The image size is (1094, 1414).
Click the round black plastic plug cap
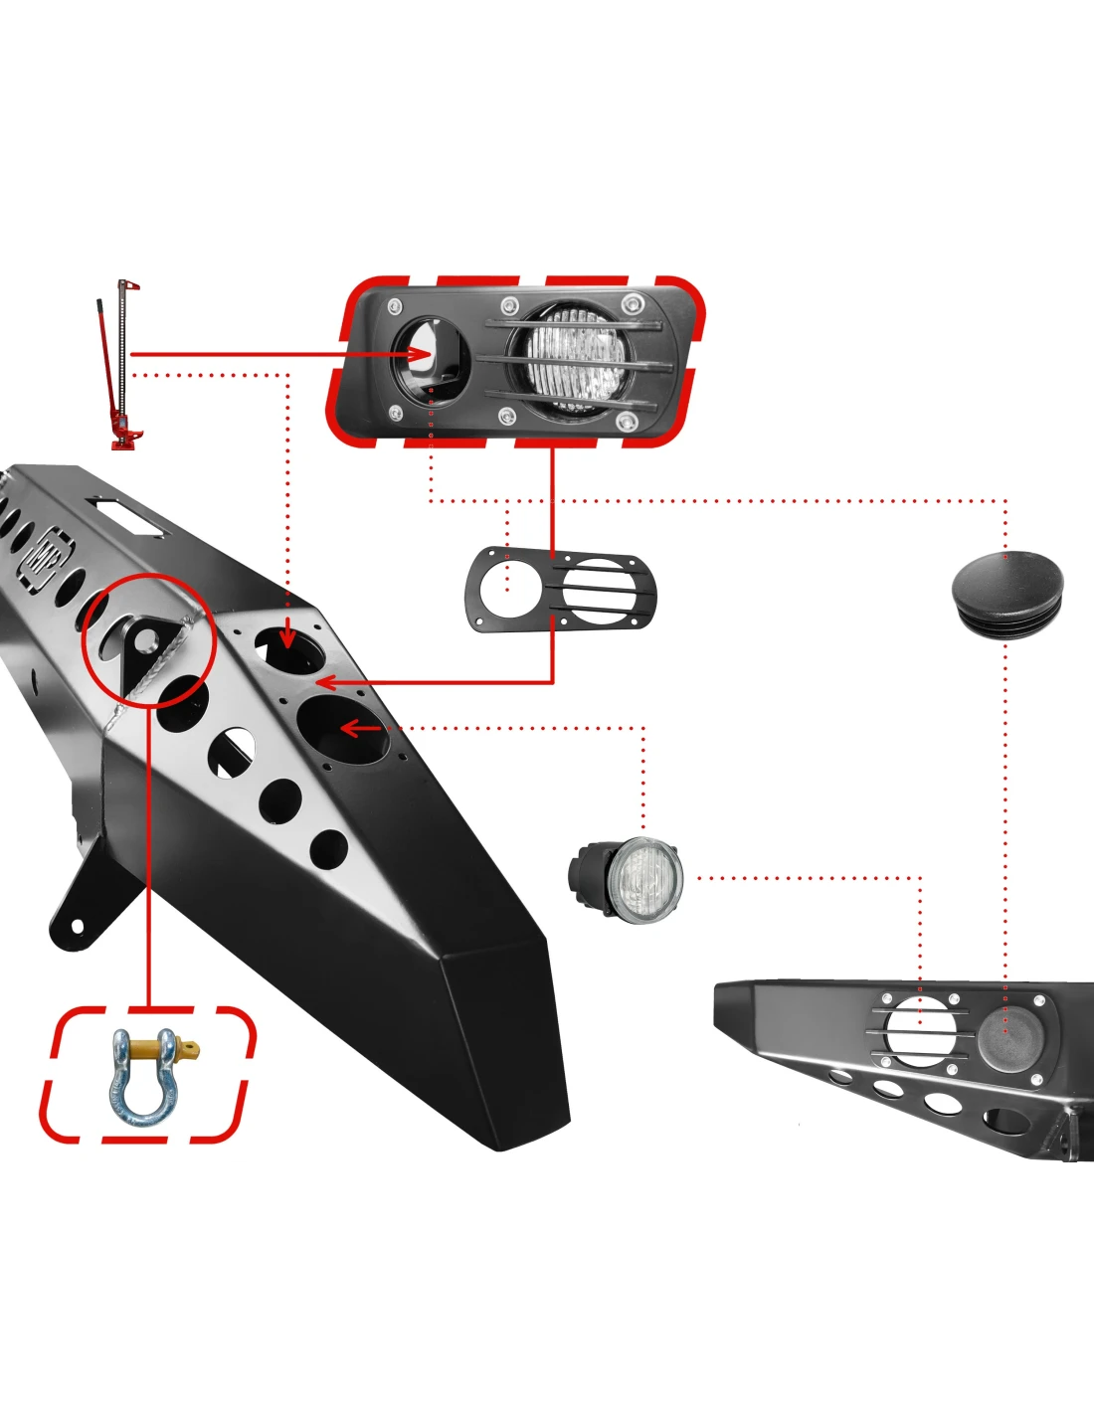coord(1006,591)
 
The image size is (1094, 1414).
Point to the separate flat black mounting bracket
coord(560,591)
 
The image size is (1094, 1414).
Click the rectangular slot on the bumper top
coord(129,517)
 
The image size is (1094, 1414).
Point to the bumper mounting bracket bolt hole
coord(78,927)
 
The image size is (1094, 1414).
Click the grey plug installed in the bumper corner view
coord(1007,1035)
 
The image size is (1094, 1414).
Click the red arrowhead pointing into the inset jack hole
coord(422,354)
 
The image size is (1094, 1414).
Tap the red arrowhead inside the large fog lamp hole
coord(350,729)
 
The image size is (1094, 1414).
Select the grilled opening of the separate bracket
coord(596,592)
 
